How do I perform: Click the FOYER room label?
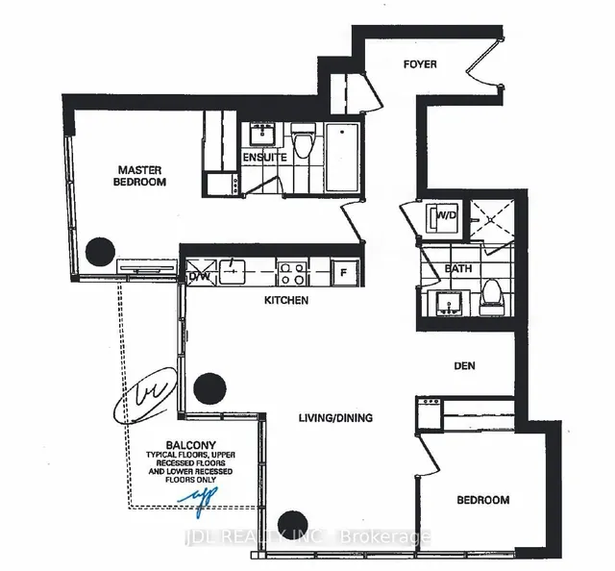point(419,64)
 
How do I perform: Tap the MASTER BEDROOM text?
point(138,176)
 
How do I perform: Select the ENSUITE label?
point(264,157)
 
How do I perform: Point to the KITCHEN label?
point(286,301)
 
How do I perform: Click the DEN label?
point(465,365)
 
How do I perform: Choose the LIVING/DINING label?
point(334,417)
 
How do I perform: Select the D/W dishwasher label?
point(199,276)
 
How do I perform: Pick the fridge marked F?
point(343,271)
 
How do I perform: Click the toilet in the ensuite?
point(304,145)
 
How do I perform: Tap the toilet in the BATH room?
point(492,293)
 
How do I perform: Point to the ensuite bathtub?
point(340,157)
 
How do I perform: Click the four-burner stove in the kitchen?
point(291,272)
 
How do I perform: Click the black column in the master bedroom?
point(99,253)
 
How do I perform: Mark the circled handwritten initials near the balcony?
point(142,395)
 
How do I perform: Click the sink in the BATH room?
point(444,303)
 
